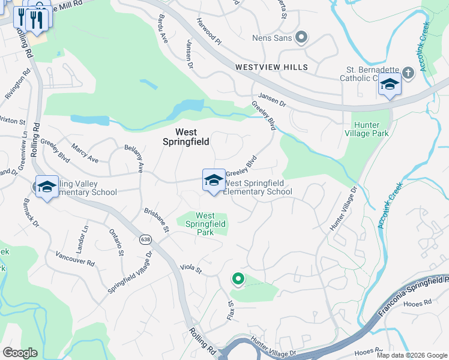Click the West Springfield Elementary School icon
[213, 181]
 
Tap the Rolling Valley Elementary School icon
[46, 187]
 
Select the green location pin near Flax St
[238, 279]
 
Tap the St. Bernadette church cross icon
[408, 73]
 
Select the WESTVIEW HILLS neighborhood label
[271, 67]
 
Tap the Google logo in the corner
[20, 353]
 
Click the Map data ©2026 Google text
[411, 355]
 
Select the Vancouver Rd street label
[75, 259]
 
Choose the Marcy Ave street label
[85, 153]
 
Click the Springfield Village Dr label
[130, 272]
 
